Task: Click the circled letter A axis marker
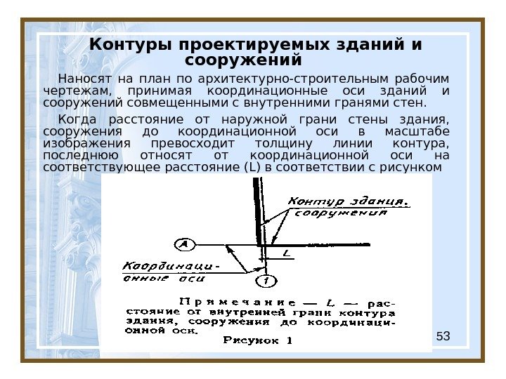pos(184,244)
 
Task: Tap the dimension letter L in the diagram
pos(285,253)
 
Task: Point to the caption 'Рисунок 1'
pos(258,342)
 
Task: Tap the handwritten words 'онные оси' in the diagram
pos(163,278)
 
